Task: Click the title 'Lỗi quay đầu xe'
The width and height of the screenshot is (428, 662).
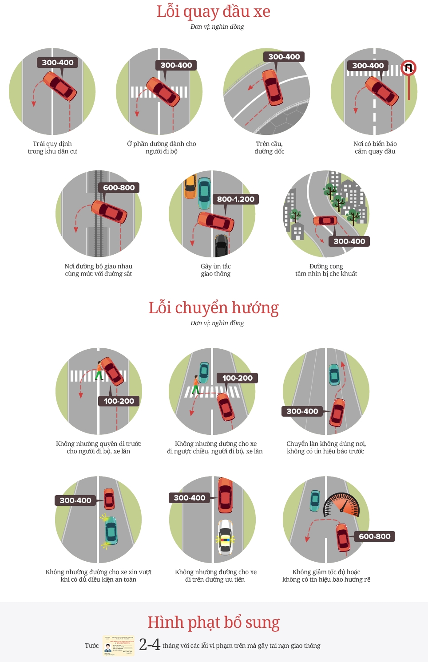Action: [214, 12]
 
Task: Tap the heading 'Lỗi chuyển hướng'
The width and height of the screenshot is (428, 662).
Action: [214, 308]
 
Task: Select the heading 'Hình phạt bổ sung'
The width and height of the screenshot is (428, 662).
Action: [214, 623]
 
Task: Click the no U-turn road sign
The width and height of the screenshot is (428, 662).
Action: [408, 68]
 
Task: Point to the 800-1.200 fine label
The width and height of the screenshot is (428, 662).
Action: [236, 199]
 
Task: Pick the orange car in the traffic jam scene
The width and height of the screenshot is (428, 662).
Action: [190, 186]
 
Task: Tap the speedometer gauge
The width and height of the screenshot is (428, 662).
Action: [341, 505]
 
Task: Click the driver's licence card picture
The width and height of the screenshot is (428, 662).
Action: [119, 646]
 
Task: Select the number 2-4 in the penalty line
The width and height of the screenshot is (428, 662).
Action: [150, 645]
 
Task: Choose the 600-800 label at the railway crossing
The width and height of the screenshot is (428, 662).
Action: [119, 188]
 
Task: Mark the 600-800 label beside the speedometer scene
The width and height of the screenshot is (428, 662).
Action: [375, 536]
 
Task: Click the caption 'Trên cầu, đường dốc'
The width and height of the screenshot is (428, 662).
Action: [269, 147]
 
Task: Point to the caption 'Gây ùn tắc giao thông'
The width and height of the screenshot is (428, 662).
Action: [215, 270]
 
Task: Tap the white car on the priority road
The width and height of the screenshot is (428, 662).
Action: [226, 537]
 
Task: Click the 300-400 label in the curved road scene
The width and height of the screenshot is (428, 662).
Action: [349, 241]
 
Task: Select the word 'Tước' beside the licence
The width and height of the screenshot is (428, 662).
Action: [92, 646]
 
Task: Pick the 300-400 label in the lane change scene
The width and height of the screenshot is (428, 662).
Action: [302, 411]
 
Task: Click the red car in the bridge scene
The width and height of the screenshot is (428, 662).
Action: [272, 87]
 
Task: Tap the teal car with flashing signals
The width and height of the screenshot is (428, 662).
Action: [111, 531]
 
